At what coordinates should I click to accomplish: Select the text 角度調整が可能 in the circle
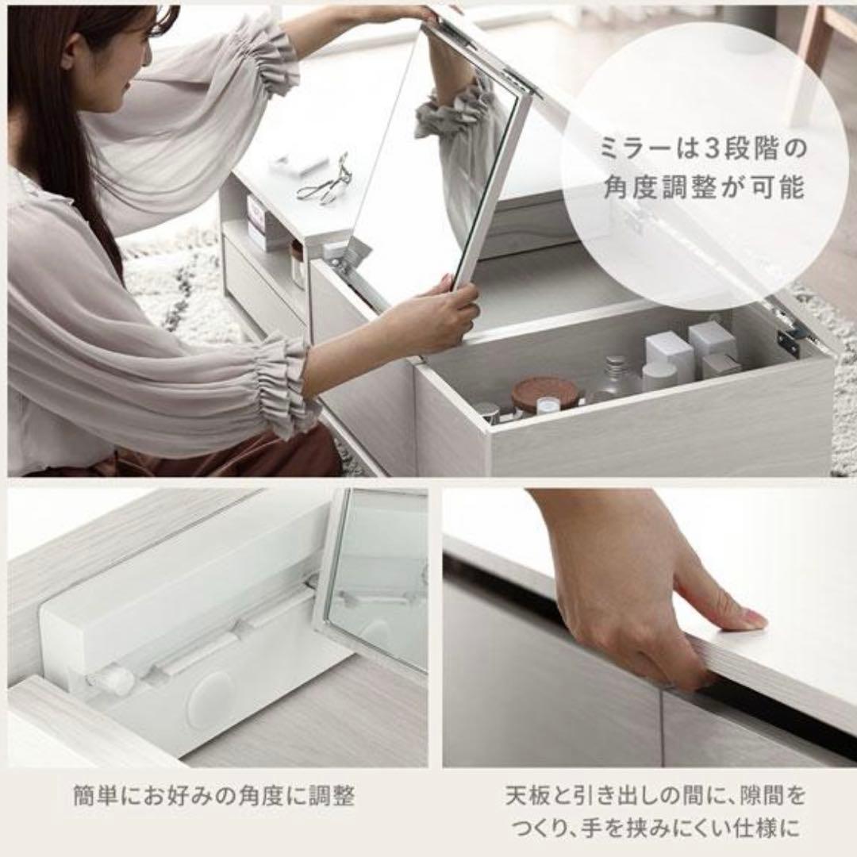pos(703,187)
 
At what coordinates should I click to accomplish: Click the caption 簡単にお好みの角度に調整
pos(213,796)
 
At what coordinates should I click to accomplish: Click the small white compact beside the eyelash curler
pos(298,163)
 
